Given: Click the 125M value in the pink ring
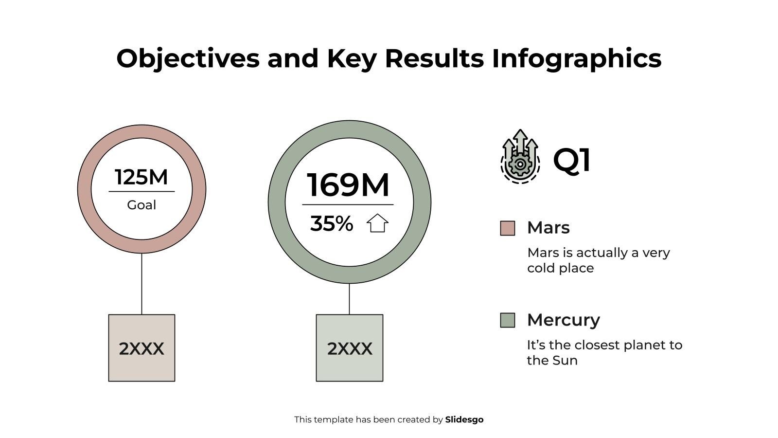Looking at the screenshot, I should (x=141, y=177).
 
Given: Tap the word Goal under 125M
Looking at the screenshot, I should (x=141, y=205).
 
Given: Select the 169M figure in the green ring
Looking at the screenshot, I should (x=348, y=185).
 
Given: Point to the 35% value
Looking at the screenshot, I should (x=332, y=224).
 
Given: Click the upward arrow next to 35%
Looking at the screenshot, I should (x=377, y=223).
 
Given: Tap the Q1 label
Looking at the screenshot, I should (x=572, y=160).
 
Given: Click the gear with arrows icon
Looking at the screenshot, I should (x=520, y=157).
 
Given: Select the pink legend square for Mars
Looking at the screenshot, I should (x=508, y=228).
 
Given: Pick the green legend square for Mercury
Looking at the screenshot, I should (x=508, y=320).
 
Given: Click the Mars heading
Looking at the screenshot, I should (x=548, y=228).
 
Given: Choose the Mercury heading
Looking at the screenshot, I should (x=564, y=320).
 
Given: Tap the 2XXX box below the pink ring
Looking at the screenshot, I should (x=141, y=348).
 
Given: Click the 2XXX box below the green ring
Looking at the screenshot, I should (x=350, y=348).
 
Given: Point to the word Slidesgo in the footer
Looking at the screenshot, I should (x=464, y=420).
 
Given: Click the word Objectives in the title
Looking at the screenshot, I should (x=188, y=58).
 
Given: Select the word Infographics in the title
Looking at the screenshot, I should (x=577, y=58).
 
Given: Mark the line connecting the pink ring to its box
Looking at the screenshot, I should (x=141, y=284).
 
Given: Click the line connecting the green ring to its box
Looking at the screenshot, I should (x=349, y=299).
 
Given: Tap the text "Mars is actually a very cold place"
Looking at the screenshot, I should (x=599, y=260).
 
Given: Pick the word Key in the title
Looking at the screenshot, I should (x=352, y=58).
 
